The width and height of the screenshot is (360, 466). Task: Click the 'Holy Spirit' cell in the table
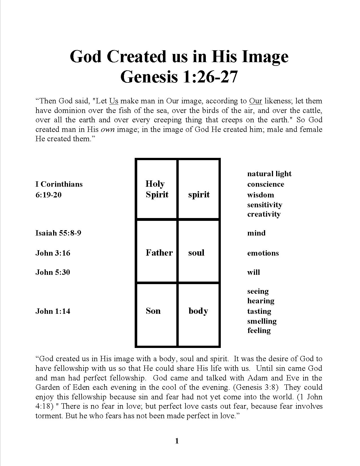pyautogui.click(x=157, y=189)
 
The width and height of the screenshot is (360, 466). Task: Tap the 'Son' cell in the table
pyautogui.click(x=153, y=311)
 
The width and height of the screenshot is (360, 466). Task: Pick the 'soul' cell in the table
pyautogui.click(x=196, y=252)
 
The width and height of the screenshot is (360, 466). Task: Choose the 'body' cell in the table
pyautogui.click(x=198, y=311)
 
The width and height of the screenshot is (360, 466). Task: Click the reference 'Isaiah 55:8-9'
pyautogui.click(x=58, y=233)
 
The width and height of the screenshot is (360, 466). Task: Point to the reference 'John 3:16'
pyautogui.click(x=53, y=253)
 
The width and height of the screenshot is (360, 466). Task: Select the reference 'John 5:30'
pyautogui.click(x=53, y=272)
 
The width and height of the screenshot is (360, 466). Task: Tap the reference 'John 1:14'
pyautogui.click(x=53, y=311)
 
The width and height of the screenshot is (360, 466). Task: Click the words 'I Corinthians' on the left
pyautogui.click(x=59, y=184)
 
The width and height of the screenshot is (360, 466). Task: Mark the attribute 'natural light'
pyautogui.click(x=269, y=174)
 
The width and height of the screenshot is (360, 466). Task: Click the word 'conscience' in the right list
pyautogui.click(x=266, y=184)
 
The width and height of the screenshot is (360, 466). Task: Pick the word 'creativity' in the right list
pyautogui.click(x=264, y=214)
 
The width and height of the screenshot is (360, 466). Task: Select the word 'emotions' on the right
pyautogui.click(x=263, y=253)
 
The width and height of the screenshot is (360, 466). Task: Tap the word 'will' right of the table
pyautogui.click(x=254, y=272)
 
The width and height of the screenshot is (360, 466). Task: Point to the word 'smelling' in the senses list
pyautogui.click(x=262, y=321)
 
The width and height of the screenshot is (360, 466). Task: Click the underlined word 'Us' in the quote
pyautogui.click(x=114, y=101)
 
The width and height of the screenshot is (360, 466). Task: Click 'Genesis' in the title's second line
pyautogui.click(x=149, y=76)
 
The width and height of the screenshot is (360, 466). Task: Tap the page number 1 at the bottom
pyautogui.click(x=177, y=441)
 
